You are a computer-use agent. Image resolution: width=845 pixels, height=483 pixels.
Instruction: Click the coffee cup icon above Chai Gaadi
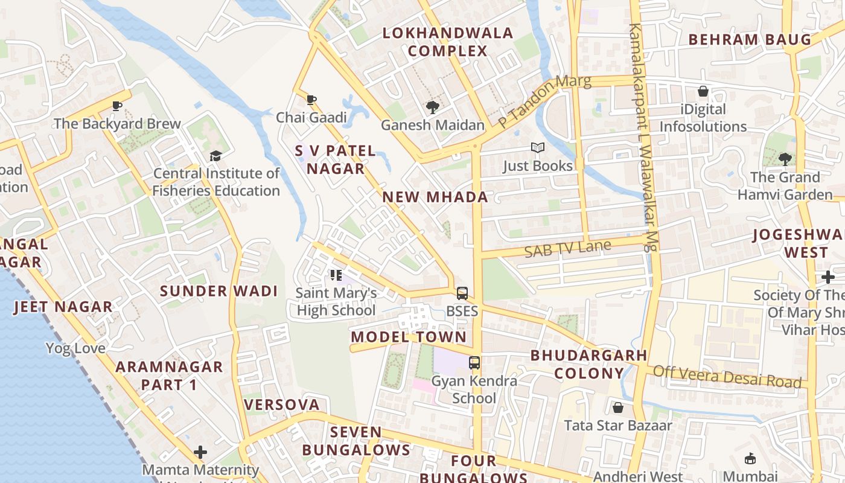[x=311, y=100]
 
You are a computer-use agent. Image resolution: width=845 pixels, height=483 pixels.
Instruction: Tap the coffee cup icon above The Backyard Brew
[x=117, y=106]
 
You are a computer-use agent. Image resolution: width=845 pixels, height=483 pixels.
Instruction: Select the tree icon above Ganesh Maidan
[x=432, y=107]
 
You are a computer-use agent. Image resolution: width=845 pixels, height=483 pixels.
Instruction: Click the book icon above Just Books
[x=537, y=148]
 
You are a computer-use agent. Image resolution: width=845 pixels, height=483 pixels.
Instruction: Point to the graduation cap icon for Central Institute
[x=215, y=156]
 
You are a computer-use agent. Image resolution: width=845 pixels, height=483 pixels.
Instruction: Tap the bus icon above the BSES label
[x=462, y=293]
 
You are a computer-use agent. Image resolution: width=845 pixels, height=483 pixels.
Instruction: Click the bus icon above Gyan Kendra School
[x=475, y=363]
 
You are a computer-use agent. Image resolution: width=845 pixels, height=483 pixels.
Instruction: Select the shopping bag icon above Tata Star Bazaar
[x=618, y=408]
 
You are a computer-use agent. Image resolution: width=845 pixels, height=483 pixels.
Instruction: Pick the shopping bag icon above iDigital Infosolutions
[x=703, y=92]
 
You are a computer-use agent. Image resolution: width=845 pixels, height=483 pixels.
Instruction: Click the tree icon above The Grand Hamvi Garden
[x=785, y=159]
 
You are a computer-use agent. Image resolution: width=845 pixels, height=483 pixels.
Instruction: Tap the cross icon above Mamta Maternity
[x=200, y=452]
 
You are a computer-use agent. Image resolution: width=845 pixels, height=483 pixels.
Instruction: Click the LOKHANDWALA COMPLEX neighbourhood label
[x=447, y=42]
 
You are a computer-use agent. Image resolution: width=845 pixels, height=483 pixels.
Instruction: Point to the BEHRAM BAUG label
[x=750, y=40]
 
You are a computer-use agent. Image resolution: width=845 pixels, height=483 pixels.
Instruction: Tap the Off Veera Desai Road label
[x=727, y=377]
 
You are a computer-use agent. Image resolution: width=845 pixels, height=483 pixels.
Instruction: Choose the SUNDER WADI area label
[x=218, y=291]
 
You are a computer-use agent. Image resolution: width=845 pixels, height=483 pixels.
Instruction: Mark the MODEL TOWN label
[x=409, y=337]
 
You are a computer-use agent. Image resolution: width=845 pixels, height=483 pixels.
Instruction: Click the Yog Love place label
[x=75, y=348]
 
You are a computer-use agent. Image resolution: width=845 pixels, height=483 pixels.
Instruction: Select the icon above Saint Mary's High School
[x=336, y=276]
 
